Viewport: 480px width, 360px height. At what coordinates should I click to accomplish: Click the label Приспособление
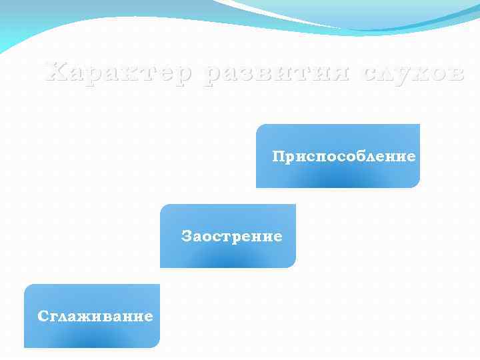pos(343,157)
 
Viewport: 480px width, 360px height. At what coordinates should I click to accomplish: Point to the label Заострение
pos(231,237)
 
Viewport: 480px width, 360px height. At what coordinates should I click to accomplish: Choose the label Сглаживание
pos(95,316)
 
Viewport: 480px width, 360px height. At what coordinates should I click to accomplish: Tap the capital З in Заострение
pos(186,236)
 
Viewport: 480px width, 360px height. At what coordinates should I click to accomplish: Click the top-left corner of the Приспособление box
pos(257,125)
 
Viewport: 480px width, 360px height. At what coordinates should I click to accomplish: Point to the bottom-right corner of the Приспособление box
pos(419,187)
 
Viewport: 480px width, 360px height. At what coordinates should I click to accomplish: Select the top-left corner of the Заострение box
pos(161,205)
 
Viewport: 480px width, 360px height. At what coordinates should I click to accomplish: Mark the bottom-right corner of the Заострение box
pos(295,267)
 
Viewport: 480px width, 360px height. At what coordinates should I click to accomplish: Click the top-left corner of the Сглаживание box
pos(25,285)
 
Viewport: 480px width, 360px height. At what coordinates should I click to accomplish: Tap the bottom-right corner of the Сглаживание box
pos(160,347)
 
